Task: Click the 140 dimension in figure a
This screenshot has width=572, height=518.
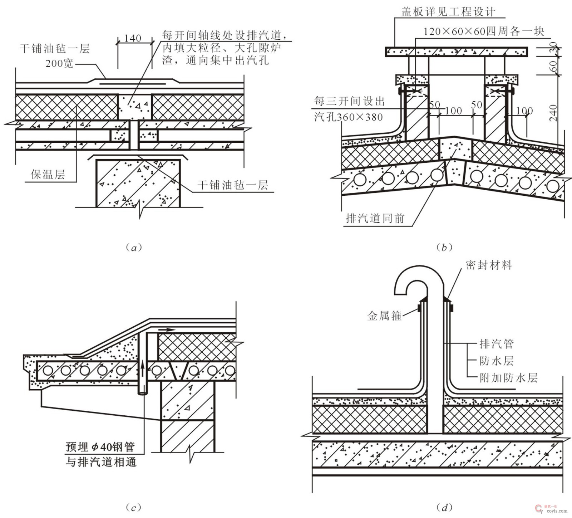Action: pyautogui.click(x=133, y=38)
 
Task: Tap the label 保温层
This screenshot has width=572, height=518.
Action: pyautogui.click(x=48, y=175)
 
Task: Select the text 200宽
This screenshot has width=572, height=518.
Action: pyautogui.click(x=59, y=64)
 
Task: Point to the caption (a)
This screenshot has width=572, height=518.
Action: pyautogui.click(x=134, y=248)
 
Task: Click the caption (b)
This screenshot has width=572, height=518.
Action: pyautogui.click(x=444, y=248)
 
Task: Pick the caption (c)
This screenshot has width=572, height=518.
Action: pyautogui.click(x=134, y=507)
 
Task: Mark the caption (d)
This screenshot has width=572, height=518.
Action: pyautogui.click(x=444, y=507)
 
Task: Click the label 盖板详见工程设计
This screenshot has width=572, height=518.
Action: pyautogui.click(x=448, y=12)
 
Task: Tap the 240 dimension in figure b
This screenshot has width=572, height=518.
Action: pyautogui.click(x=553, y=113)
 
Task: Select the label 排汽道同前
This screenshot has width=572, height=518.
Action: pyautogui.click(x=375, y=218)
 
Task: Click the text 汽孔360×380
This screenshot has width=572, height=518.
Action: pyautogui.click(x=349, y=117)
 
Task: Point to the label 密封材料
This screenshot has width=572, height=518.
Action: pyautogui.click(x=489, y=265)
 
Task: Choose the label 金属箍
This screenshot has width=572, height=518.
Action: pyautogui.click(x=385, y=316)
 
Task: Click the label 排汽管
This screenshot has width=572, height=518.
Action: pyautogui.click(x=497, y=344)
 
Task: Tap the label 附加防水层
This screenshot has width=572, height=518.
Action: pyautogui.click(x=508, y=377)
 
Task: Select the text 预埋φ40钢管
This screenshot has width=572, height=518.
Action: pyautogui.click(x=100, y=446)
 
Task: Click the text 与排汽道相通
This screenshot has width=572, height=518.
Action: pyautogui.click(x=101, y=462)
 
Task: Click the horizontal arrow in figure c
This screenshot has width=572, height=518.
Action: pyautogui.click(x=167, y=329)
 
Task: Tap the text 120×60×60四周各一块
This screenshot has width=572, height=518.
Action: pyautogui.click(x=484, y=31)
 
